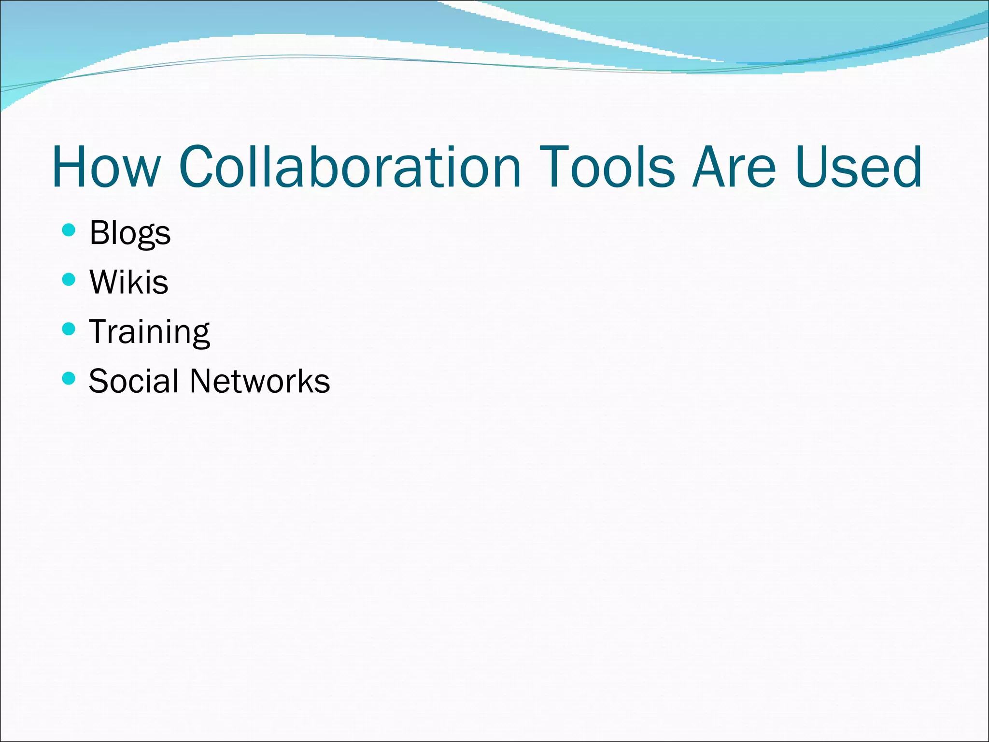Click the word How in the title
[106, 167]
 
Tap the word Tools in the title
[607, 167]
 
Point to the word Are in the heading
[735, 167]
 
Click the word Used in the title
[859, 167]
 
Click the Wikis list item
[129, 282]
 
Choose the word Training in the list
[150, 332]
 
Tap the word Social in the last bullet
[133, 381]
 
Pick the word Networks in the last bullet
[260, 381]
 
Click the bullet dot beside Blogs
[69, 230]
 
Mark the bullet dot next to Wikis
[69, 279]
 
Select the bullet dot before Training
[69, 329]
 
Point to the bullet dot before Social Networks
[69, 378]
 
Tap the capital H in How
[70, 167]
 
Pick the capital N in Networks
[202, 381]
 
